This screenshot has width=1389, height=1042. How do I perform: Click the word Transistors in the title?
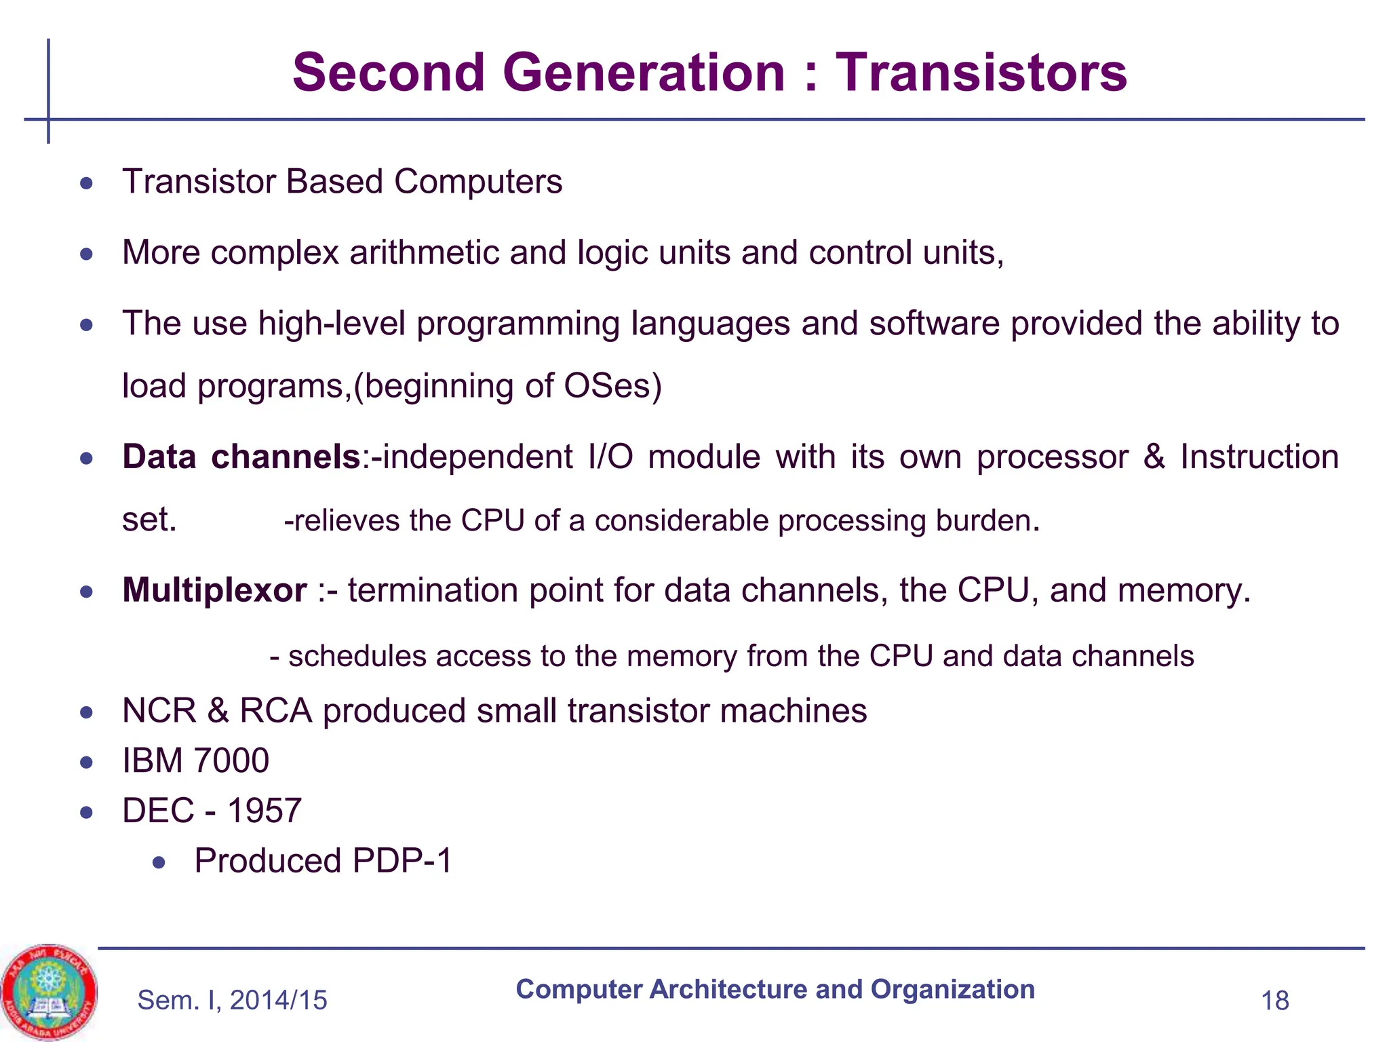click(981, 73)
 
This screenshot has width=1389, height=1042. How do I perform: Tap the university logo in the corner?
click(49, 992)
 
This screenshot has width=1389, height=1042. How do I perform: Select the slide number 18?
click(1274, 1001)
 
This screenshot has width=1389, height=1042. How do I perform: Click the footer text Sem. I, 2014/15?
click(232, 1000)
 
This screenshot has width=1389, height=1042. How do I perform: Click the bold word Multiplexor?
click(214, 590)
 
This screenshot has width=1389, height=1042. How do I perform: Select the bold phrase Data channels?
click(241, 457)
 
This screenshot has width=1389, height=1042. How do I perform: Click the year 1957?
click(264, 811)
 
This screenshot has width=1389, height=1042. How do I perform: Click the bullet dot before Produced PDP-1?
click(159, 862)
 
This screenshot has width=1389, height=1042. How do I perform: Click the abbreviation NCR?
click(159, 711)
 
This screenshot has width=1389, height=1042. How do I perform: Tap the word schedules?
click(357, 657)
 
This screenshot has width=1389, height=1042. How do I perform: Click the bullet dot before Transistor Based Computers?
click(86, 183)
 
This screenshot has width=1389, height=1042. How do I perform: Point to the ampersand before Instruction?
click(1154, 457)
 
